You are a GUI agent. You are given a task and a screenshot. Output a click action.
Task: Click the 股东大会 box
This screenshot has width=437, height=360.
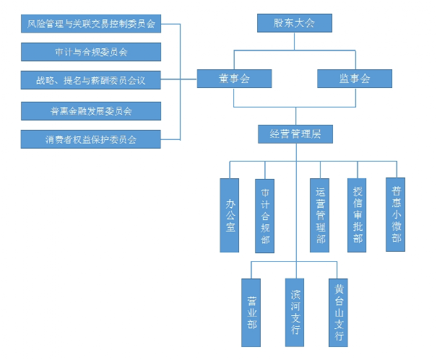tap(295, 23)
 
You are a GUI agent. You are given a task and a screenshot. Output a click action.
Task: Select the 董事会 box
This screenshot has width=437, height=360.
tap(235, 79)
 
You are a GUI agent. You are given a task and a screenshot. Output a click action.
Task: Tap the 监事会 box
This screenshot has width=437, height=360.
tap(354, 79)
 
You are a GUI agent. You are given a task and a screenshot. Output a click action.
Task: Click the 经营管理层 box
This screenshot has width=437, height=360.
tap(295, 133)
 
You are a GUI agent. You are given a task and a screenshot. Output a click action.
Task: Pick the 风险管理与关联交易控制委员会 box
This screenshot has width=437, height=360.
tap(91, 24)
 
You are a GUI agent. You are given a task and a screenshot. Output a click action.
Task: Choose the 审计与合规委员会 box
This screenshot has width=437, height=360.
tap(91, 52)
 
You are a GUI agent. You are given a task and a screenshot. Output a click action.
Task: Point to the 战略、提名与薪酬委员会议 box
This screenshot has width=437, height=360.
tap(91, 80)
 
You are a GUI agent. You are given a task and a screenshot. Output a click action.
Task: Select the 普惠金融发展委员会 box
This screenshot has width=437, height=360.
tap(91, 111)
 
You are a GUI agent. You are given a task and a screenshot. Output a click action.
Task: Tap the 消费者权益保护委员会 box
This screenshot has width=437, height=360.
tap(91, 139)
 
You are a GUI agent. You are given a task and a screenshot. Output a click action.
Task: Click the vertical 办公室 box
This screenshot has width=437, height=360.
tap(230, 215)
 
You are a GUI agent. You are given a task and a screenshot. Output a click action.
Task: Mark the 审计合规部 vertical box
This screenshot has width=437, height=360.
tap(265, 215)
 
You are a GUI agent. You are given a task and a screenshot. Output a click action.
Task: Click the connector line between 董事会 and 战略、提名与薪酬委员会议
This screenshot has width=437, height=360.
tap(189, 79)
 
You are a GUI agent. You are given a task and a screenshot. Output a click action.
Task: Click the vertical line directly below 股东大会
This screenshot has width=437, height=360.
tap(295, 42)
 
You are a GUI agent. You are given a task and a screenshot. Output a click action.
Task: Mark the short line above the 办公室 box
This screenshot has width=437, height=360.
tap(230, 170)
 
